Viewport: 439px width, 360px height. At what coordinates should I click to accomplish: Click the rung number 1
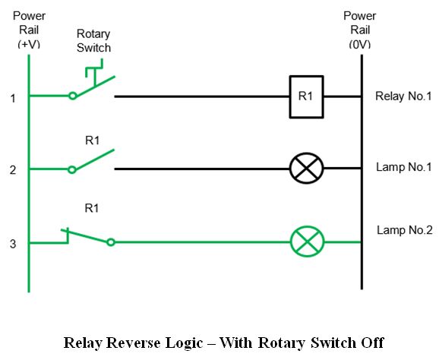[x=13, y=99]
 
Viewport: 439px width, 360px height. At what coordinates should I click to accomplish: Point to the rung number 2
[x=13, y=170]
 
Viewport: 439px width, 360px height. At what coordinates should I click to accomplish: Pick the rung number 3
[x=13, y=244]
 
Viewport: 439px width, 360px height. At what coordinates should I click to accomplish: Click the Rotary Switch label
[x=93, y=41]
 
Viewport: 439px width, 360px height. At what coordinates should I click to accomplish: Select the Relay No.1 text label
[x=403, y=96]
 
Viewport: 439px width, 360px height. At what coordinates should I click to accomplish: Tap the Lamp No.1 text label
[x=403, y=167]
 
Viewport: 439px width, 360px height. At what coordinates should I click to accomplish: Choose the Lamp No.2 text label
[x=405, y=230]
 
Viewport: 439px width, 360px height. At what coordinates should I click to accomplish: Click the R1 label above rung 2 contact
[x=93, y=141]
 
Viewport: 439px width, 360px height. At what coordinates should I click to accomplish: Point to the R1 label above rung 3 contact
[x=92, y=208]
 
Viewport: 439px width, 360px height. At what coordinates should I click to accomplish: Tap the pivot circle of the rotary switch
[x=72, y=96]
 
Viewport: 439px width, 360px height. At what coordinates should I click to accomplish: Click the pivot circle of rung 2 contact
[x=72, y=169]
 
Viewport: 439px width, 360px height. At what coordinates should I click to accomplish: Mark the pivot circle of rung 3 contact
[x=111, y=242]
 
